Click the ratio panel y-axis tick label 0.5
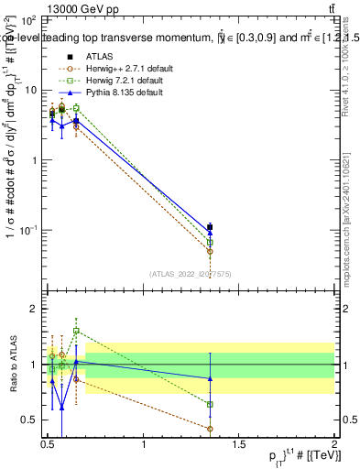click(31, 420)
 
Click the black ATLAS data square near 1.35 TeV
click(210, 226)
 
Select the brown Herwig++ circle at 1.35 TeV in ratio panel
click(210, 429)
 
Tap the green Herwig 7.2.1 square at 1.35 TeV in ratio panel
click(210, 404)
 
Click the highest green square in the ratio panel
click(76, 331)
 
